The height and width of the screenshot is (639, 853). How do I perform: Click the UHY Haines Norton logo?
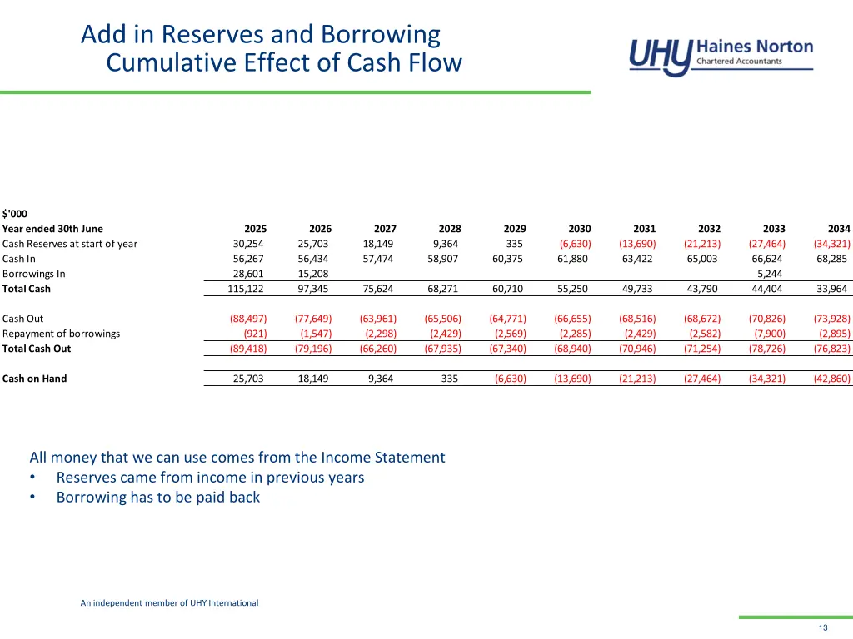click(721, 57)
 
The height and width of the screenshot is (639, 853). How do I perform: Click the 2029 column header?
click(515, 229)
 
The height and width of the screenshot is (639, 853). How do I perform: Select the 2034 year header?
click(839, 229)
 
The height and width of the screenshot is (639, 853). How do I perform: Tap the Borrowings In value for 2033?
click(769, 274)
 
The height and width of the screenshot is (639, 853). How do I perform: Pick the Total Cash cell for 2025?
click(247, 289)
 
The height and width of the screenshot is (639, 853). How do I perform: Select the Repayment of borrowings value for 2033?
click(769, 334)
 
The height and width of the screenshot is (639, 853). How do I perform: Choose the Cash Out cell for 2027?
click(378, 319)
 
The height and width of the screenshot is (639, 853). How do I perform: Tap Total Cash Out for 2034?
click(832, 349)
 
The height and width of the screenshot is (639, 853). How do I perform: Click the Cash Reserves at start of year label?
click(70, 244)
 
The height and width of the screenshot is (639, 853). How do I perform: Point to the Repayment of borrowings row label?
click(61, 334)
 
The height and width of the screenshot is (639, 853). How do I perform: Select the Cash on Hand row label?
click(34, 379)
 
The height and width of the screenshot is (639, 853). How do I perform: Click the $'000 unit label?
click(14, 214)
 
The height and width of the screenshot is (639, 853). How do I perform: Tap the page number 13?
click(823, 627)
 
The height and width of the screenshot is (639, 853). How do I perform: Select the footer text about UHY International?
click(169, 602)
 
